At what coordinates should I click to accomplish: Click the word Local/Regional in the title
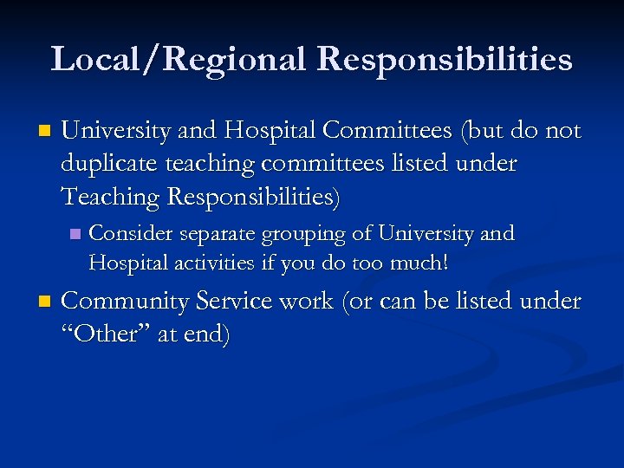click(179, 60)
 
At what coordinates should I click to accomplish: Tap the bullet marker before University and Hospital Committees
click(43, 132)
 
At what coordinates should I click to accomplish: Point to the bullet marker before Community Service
click(43, 302)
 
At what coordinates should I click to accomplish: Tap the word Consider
click(131, 234)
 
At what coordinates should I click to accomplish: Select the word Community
click(126, 302)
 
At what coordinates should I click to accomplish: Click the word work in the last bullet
click(307, 302)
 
